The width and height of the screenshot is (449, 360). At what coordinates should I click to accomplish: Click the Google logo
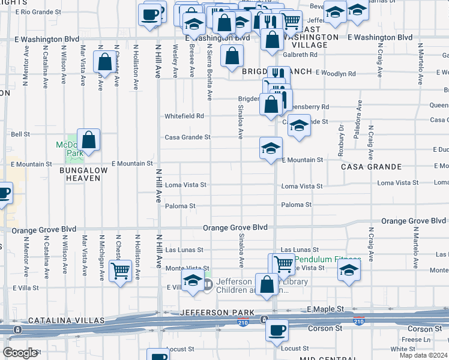tap(20, 353)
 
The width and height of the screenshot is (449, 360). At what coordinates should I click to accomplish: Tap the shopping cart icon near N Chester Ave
tap(121, 271)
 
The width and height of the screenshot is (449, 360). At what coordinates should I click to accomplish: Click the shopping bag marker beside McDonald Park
tap(88, 140)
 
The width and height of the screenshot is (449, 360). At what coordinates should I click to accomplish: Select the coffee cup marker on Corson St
tap(277, 329)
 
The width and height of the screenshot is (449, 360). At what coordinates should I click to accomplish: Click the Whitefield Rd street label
tap(184, 116)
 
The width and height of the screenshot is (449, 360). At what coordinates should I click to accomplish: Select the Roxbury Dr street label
tap(340, 141)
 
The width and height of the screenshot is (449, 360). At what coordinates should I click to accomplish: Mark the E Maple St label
tap(325, 308)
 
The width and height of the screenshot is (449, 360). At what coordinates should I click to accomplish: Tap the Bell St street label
tap(20, 134)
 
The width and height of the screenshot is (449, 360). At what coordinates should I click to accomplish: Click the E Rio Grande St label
tap(38, 11)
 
